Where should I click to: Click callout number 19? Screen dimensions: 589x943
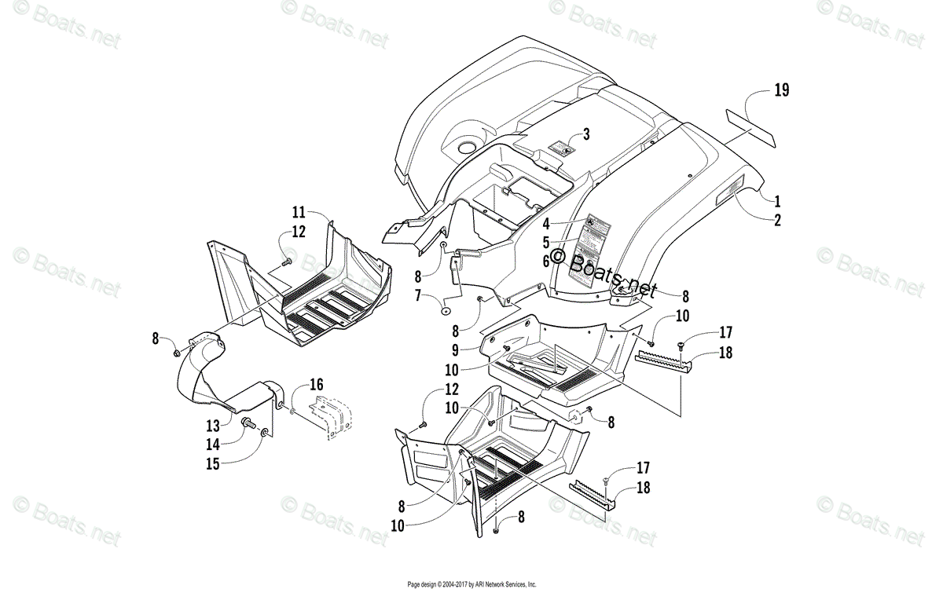[780, 90]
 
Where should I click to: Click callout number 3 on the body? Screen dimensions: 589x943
[585, 134]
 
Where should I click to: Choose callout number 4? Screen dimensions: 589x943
[545, 222]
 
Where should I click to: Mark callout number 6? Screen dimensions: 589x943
[545, 260]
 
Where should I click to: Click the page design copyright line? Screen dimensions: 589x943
[472, 584]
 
